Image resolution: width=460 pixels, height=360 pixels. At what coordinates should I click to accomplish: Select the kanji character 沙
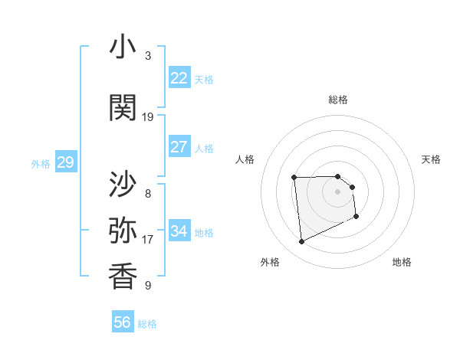click(123, 185)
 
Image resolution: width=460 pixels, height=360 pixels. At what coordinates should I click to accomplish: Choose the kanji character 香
click(123, 277)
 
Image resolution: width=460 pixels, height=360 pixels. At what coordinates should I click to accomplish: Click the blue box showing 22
click(179, 78)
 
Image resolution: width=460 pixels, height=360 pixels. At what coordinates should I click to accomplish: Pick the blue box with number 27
click(179, 147)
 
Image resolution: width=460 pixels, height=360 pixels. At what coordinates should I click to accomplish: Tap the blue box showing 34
click(179, 231)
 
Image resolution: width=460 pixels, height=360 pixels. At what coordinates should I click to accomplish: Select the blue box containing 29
click(65, 162)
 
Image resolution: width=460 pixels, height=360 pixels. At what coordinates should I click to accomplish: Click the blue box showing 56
click(123, 322)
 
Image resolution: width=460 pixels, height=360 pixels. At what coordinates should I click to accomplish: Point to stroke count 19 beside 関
click(148, 116)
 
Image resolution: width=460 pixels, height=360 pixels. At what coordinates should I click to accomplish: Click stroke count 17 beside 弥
click(148, 239)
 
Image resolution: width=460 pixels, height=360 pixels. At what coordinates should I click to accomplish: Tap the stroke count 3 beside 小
click(148, 56)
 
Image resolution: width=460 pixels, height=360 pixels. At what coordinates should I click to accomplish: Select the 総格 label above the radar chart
click(338, 100)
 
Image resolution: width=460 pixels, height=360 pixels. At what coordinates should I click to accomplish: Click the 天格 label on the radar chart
click(432, 159)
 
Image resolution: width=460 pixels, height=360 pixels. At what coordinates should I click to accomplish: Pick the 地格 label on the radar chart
click(402, 262)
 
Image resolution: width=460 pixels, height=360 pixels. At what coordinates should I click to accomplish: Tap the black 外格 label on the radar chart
click(270, 262)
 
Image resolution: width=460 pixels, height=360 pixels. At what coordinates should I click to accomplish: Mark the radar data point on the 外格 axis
click(301, 242)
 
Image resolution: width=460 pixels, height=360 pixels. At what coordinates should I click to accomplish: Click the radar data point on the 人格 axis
click(294, 178)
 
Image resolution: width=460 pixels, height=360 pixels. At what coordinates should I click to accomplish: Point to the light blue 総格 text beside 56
click(147, 324)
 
